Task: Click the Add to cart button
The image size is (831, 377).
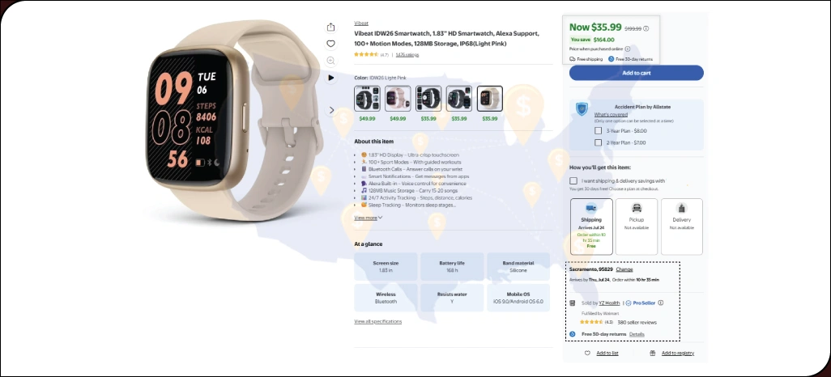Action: pos(636,73)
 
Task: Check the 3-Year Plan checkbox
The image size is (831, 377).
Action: pos(598,130)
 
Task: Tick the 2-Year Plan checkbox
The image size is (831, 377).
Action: pos(598,142)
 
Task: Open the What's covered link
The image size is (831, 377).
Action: pos(611,115)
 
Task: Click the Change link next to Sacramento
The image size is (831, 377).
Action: pos(636,269)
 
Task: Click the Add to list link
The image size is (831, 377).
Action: pos(607,354)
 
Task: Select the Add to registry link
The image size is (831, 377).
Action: pos(677,354)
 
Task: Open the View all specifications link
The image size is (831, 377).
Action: pos(378,322)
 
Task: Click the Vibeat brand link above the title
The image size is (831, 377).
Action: pos(361,23)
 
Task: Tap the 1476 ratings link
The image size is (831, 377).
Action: pos(407,55)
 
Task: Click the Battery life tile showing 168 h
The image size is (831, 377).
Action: pos(451,267)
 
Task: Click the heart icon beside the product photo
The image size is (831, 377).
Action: pos(330,44)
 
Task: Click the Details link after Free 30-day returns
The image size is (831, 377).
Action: pos(637,334)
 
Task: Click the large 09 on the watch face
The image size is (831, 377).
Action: pos(173,89)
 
